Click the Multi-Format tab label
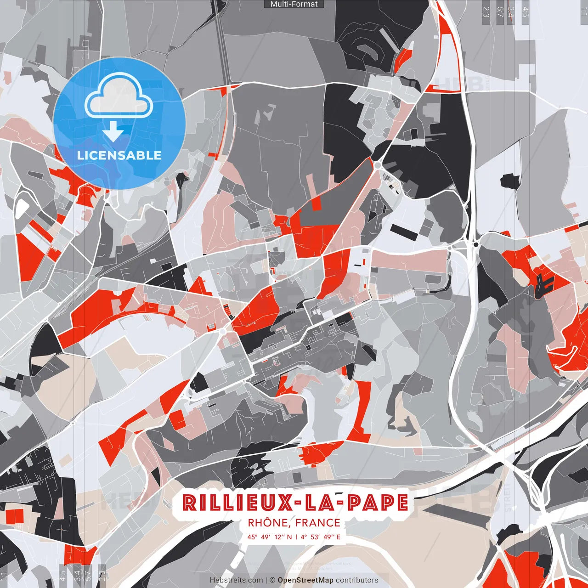(x=294, y=4)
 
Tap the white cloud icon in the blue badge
(x=119, y=96)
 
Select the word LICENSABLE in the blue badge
(x=119, y=155)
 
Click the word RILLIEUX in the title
(x=237, y=503)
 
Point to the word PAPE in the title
(x=378, y=503)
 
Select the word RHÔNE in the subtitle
(x=268, y=523)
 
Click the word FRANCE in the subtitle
(x=318, y=523)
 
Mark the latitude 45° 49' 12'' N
(x=270, y=537)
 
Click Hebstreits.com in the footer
(x=237, y=580)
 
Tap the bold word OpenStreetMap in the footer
(x=305, y=580)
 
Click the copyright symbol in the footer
(x=272, y=580)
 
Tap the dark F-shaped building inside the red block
(x=544, y=282)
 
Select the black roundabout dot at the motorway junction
(x=476, y=244)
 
